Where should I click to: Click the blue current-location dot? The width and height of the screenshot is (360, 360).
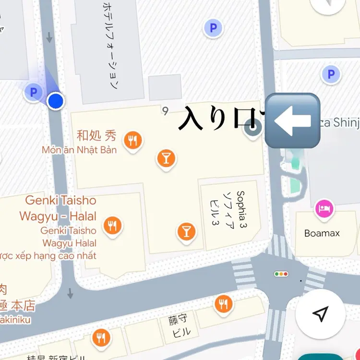coord(56,101)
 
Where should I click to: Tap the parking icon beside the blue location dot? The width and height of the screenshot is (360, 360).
coord(33,92)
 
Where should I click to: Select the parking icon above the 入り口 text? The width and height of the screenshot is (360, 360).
coord(213,28)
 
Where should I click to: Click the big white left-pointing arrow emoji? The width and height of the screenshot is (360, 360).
coord(292,120)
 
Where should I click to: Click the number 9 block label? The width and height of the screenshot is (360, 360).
coord(166,111)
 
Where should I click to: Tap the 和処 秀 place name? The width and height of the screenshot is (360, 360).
coord(96,135)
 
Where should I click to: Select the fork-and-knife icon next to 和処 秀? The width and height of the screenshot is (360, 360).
coord(132,141)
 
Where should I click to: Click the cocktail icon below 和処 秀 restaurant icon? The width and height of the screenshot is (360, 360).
coord(166,158)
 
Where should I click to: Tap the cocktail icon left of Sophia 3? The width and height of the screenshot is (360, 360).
coord(186,231)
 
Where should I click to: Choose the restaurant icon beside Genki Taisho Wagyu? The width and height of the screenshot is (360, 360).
coord(112,225)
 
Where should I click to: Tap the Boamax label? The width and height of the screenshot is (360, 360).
coord(322,233)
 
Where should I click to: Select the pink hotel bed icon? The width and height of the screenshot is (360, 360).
coord(324,209)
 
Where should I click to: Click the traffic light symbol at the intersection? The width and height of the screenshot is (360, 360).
coord(281,274)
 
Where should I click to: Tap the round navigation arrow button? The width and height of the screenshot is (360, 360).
coord(320,314)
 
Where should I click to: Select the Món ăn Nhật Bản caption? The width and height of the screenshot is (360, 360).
coord(79,150)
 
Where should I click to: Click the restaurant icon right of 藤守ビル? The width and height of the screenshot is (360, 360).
coord(223,303)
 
